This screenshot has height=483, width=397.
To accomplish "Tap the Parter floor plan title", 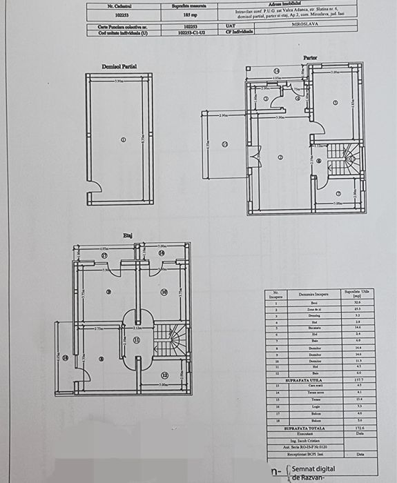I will pos(310,57).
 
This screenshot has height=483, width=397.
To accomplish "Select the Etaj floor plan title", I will pos(127,236).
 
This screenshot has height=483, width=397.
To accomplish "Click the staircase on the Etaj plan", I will pos(170,340).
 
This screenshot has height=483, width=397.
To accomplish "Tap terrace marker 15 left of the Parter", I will pos(224,144).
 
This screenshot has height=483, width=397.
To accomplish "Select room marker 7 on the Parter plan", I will pos(338,193).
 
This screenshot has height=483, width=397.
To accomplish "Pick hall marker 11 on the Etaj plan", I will pos(137,340).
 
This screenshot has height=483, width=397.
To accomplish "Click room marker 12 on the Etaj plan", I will pos(164,375).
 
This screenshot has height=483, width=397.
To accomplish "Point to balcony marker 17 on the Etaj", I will pos(104,255).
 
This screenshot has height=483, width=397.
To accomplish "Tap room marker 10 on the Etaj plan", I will pos(164,292).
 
